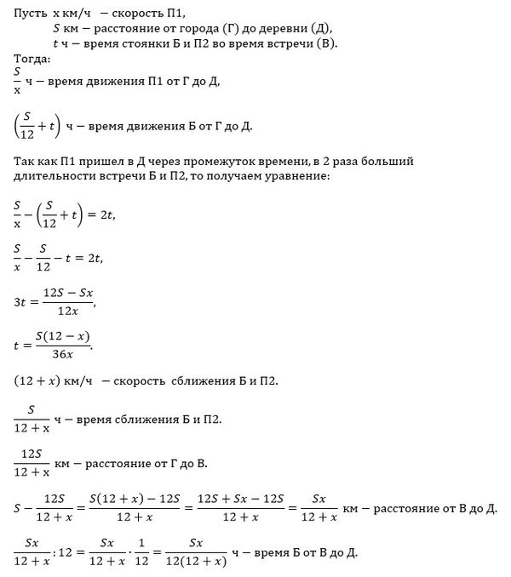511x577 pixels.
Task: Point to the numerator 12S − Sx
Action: click(72, 291)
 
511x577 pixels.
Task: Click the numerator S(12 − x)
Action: click(68, 335)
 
